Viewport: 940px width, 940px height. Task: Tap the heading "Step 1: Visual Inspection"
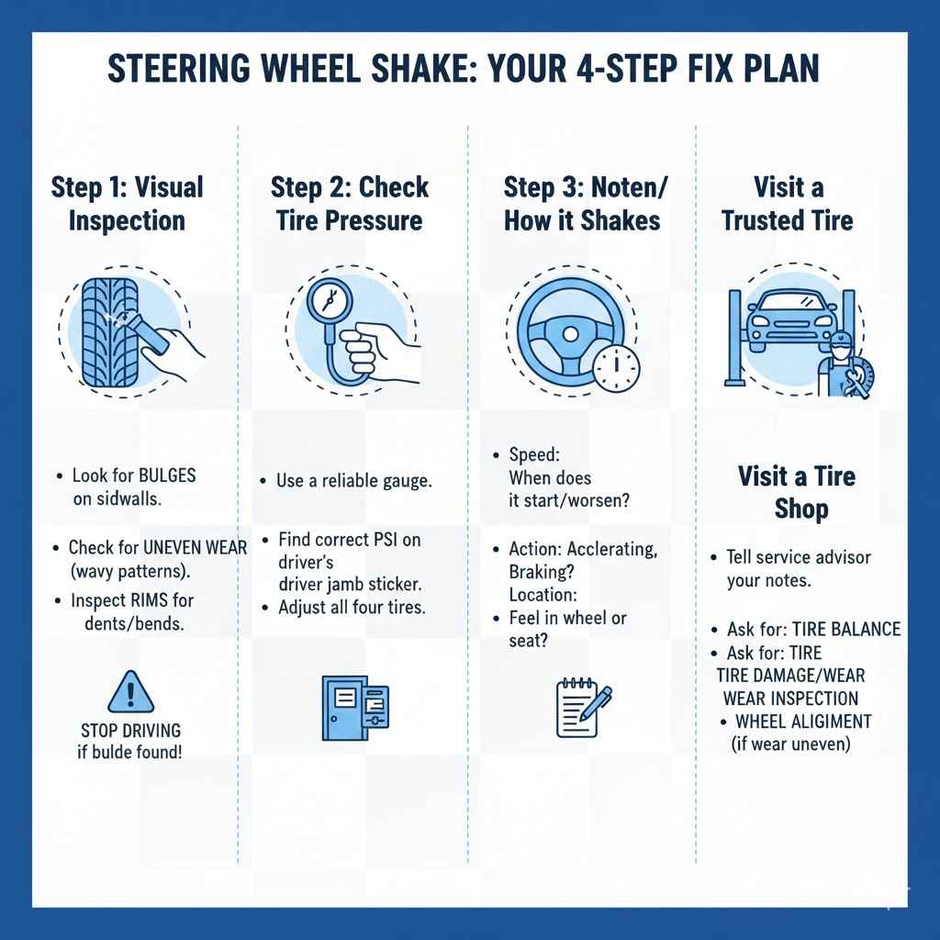click(x=127, y=204)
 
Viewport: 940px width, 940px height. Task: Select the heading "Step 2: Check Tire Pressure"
click(x=350, y=204)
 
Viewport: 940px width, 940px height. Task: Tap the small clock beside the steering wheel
click(x=615, y=368)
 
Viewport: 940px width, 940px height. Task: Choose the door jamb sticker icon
click(x=354, y=707)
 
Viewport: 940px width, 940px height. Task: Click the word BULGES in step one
click(x=166, y=476)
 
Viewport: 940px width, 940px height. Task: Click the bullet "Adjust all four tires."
click(x=352, y=608)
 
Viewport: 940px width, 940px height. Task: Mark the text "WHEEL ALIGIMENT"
click(x=803, y=722)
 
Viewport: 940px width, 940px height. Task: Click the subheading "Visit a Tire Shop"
click(x=796, y=492)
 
